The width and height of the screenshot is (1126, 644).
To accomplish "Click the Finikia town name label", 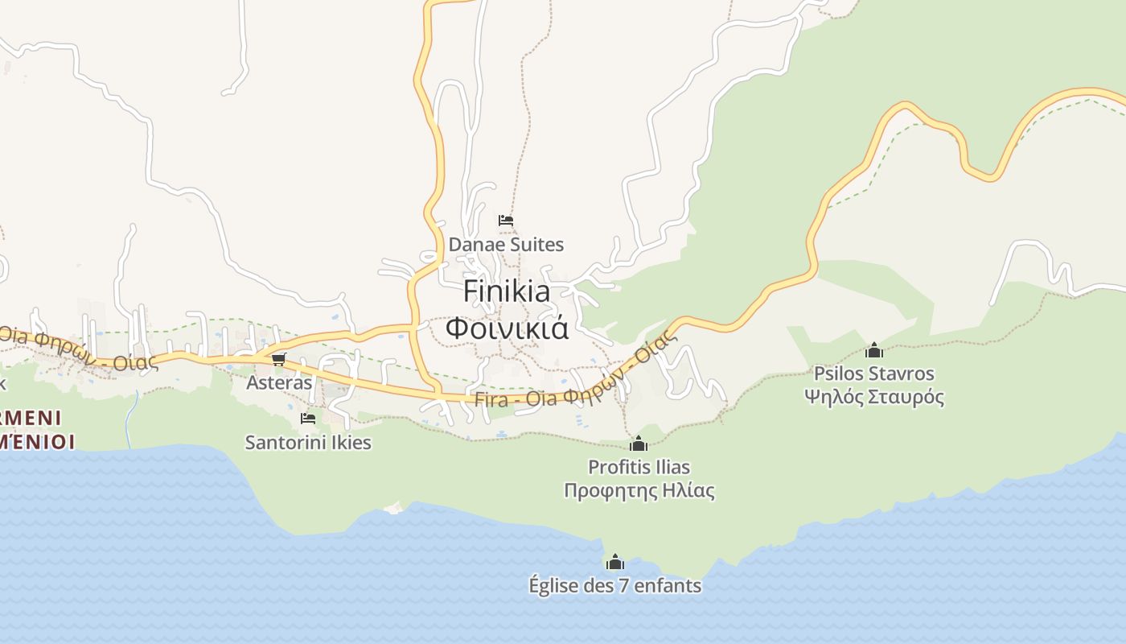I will click(507, 291).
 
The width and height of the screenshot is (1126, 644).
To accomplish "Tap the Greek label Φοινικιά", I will click(507, 328).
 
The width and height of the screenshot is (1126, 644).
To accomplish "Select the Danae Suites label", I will click(506, 244).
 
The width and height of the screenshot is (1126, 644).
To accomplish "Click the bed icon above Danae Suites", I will click(506, 220).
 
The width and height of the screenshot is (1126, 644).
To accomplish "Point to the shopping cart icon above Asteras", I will click(278, 359).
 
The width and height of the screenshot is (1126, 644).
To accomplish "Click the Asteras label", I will click(279, 382).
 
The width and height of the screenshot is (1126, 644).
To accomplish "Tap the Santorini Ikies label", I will click(308, 442).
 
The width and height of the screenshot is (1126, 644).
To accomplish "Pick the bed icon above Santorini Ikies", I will click(307, 418).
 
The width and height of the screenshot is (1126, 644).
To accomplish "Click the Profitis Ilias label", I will click(639, 467).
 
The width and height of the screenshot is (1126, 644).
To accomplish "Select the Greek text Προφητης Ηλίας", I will click(639, 490).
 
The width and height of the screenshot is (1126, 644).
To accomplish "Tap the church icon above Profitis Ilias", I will click(639, 444).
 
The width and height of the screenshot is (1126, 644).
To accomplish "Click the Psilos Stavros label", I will click(873, 374).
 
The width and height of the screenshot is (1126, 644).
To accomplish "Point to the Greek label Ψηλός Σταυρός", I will click(873, 397).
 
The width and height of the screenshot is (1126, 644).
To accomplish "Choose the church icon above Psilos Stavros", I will click(874, 350).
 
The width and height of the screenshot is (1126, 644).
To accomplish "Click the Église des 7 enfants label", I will click(614, 585).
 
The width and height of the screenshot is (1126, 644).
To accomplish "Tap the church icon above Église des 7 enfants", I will click(615, 562).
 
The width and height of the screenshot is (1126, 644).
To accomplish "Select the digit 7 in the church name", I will click(623, 585).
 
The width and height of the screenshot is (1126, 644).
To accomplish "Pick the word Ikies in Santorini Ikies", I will click(348, 442).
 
